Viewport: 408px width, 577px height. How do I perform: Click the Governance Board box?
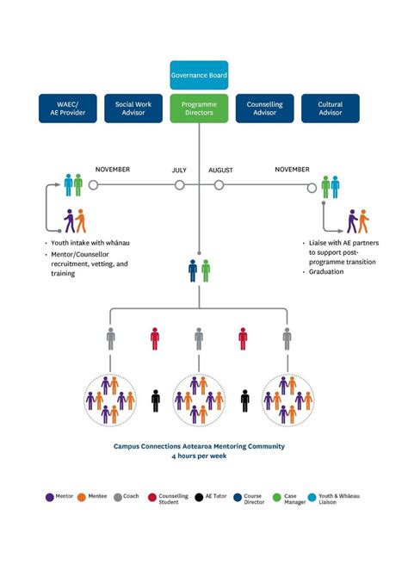[x=199, y=75]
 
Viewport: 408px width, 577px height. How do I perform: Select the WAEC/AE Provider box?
[x=67, y=109]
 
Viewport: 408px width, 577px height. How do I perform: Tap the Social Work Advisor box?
[x=133, y=109]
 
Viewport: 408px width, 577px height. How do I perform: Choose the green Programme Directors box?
[x=199, y=109]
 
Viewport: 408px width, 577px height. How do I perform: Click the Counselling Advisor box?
[x=264, y=109]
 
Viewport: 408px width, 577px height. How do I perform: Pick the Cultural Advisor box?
[x=331, y=109]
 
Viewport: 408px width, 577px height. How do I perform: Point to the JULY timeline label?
[x=179, y=171]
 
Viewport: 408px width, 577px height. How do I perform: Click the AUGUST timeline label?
[x=220, y=171]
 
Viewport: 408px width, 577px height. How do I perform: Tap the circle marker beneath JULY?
[x=179, y=184]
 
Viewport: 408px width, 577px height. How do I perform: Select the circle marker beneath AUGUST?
[x=219, y=184]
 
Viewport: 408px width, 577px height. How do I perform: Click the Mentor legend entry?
[x=61, y=498]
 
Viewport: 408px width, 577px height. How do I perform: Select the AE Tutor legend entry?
[x=210, y=498]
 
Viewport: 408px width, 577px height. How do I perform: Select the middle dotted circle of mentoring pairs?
[x=199, y=400]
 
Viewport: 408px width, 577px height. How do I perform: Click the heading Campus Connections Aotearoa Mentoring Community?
[x=199, y=446]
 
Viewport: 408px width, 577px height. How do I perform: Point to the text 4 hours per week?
[x=199, y=456]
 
